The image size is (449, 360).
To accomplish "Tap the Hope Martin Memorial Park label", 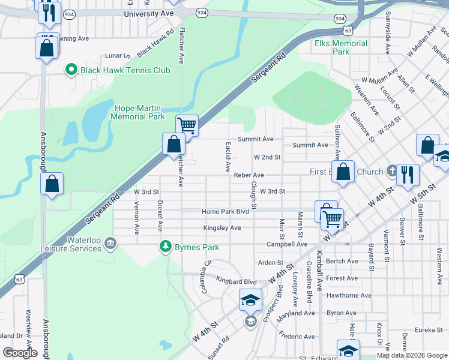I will [139, 112].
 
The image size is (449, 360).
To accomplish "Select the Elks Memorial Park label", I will [340, 47].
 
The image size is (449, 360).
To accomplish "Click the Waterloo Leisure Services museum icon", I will [110, 242].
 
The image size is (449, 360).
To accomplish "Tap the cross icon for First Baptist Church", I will [391, 172].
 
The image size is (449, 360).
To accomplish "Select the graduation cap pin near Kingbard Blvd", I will [250, 299].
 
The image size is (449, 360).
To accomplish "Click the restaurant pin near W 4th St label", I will [407, 175].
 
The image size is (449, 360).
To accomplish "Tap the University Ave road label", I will [144, 14].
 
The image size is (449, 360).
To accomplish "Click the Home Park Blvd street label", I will [225, 212].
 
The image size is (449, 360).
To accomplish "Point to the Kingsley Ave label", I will [222, 228].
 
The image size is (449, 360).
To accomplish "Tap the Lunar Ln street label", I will [113, 55].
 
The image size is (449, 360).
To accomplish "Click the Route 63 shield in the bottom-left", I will [20, 279].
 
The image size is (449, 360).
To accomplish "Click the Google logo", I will [20, 352].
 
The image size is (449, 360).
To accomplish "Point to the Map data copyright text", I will [411, 355].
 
